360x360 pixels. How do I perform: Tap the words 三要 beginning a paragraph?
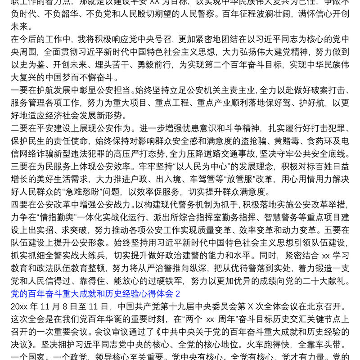pyautogui.click(x=18, y=166)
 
